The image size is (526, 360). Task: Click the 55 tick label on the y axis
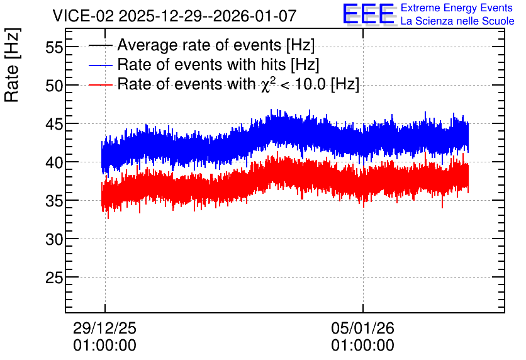(54, 47)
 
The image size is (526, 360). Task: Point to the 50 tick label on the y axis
(54, 86)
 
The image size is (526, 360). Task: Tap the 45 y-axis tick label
(54, 125)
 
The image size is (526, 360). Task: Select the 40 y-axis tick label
(54, 163)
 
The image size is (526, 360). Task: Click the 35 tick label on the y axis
(54, 201)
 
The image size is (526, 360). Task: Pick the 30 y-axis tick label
(54, 240)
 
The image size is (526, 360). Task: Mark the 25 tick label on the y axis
(54, 278)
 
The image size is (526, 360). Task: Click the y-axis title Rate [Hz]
(13, 65)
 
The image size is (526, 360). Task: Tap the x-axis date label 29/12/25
(104, 328)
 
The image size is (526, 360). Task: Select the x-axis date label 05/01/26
(362, 328)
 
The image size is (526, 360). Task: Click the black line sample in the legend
(100, 45)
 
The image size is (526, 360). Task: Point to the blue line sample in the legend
(100, 65)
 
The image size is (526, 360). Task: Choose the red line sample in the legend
(100, 84)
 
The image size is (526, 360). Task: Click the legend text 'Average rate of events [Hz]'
(216, 45)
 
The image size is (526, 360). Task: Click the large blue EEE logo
(368, 14)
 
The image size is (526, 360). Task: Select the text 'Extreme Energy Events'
(457, 8)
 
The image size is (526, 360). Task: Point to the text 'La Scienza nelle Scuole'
(457, 21)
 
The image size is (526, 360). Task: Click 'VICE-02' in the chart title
(84, 16)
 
